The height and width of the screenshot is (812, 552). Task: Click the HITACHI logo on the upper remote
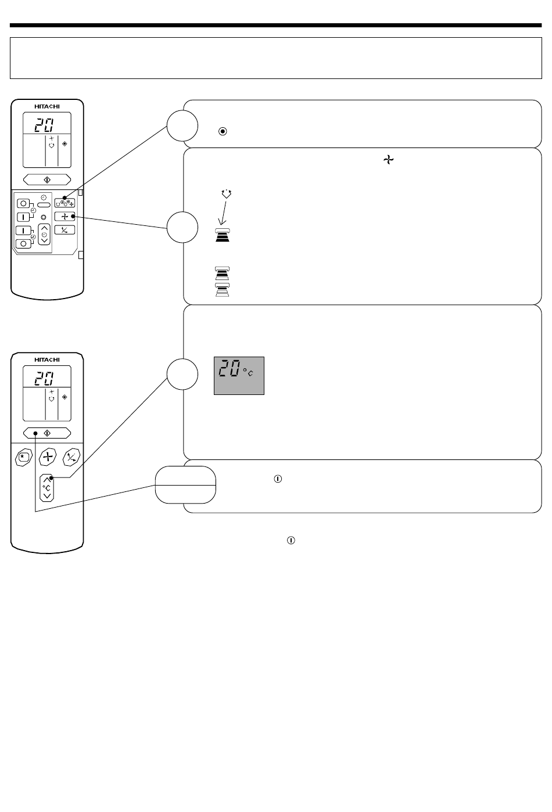(x=47, y=106)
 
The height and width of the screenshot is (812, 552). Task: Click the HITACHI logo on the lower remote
(x=47, y=360)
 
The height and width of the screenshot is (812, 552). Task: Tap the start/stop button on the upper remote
(x=47, y=179)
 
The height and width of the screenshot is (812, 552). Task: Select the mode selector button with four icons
(x=64, y=203)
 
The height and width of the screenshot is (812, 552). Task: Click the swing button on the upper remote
(x=64, y=230)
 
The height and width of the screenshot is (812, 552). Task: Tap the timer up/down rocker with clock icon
(x=44, y=234)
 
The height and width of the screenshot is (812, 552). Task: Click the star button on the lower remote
(x=24, y=457)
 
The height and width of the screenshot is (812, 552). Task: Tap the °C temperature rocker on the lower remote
(x=46, y=488)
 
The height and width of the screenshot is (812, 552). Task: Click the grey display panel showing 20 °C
(x=239, y=376)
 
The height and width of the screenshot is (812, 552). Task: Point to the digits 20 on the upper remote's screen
(x=44, y=125)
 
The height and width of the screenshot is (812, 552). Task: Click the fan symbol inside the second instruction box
(x=388, y=160)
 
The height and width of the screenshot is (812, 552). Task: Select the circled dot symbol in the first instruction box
(x=223, y=131)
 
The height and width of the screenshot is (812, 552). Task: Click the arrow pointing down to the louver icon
(x=223, y=213)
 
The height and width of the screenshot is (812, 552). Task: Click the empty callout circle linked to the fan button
(x=182, y=227)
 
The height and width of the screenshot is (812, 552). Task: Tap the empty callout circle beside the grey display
(x=182, y=374)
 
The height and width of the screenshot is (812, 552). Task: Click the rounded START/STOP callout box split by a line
(x=185, y=484)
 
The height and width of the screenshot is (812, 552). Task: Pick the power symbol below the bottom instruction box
(x=291, y=540)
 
